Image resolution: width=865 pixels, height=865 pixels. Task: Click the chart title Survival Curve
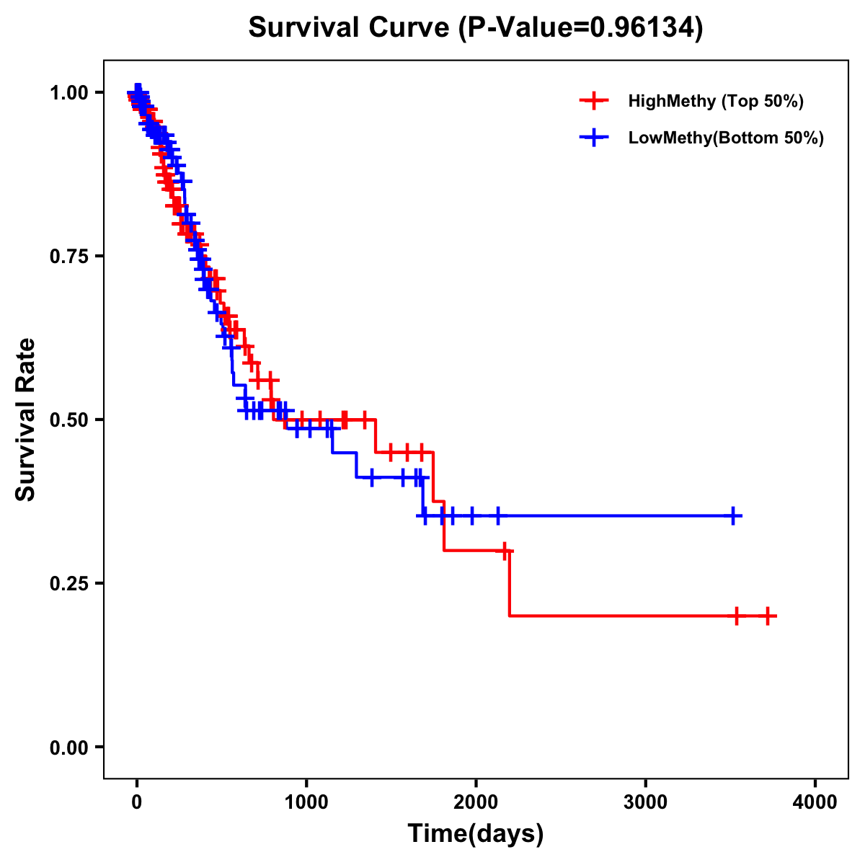tap(351, 27)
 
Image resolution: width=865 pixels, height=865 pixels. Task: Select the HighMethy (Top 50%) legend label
tap(716, 101)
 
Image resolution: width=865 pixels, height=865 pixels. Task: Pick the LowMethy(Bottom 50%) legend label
tap(726, 138)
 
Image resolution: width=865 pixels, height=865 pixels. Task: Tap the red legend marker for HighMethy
tap(593, 101)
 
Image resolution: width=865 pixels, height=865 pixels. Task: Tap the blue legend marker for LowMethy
tap(593, 138)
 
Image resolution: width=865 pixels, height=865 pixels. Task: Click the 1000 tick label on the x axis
tap(306, 802)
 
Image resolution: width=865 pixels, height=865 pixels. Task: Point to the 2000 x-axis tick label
tap(476, 802)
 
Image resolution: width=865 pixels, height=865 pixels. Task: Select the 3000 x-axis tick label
tap(645, 802)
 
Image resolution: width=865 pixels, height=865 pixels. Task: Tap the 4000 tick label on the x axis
tap(815, 802)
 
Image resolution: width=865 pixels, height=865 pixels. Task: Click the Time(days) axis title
tap(476, 834)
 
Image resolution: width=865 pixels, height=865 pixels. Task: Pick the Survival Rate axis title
tap(26, 420)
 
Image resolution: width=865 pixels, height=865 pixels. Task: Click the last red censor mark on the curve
tap(768, 616)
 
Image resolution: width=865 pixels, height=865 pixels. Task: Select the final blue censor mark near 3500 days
tap(732, 516)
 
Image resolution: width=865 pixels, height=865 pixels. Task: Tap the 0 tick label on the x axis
tap(137, 802)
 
